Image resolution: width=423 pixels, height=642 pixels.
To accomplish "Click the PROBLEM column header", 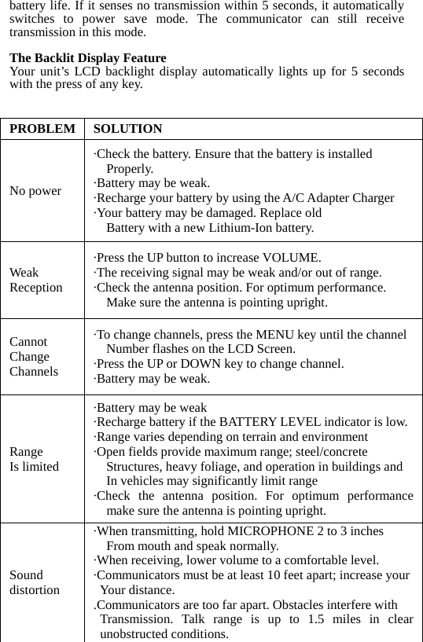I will pyautogui.click(x=42, y=129).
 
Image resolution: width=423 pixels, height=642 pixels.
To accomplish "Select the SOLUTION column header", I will pyautogui.click(x=127, y=129).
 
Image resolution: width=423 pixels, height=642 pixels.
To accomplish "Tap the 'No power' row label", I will pyautogui.click(x=35, y=191).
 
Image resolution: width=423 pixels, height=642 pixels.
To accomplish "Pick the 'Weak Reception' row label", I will pyautogui.click(x=36, y=280).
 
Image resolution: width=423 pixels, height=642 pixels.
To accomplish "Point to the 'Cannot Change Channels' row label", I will pyautogui.click(x=34, y=356).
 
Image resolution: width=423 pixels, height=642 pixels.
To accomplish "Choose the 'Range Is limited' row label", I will pyautogui.click(x=34, y=459).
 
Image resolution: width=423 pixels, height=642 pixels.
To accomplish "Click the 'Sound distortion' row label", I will pyautogui.click(x=34, y=582).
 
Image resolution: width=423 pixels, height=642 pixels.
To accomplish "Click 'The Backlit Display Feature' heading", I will pyautogui.click(x=87, y=58).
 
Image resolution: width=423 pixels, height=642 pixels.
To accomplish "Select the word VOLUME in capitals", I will pyautogui.click(x=291, y=258).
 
